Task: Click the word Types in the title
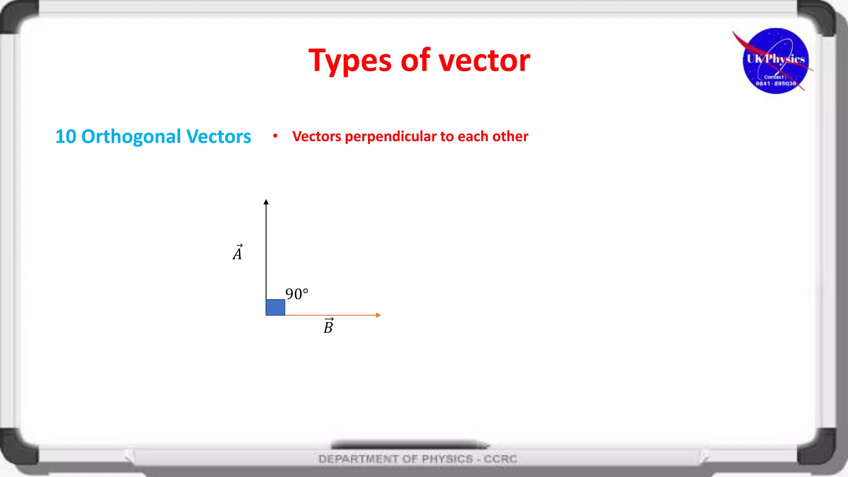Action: (350, 61)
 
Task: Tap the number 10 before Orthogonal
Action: (66, 137)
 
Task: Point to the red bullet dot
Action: (275, 136)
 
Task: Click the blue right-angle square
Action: (275, 307)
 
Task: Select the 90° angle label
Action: (297, 294)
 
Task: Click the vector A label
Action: (238, 253)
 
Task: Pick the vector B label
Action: (328, 326)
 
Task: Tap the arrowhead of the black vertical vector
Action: (266, 202)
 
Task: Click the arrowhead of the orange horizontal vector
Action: (378, 315)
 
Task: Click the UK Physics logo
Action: (775, 61)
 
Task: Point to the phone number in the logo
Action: (776, 84)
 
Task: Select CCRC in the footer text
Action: (501, 459)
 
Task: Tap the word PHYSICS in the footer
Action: (447, 459)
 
